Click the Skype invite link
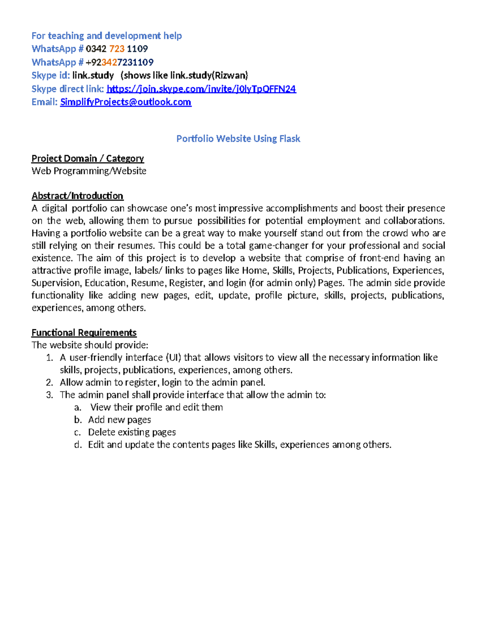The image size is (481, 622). coord(201,89)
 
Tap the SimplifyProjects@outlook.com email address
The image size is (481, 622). coord(125,102)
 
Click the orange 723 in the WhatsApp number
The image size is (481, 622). coord(117,49)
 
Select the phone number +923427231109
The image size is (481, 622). coord(119,62)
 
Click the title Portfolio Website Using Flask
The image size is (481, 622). coord(238,139)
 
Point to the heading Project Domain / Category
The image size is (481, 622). coord(87,159)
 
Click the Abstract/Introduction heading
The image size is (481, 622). coord(77,196)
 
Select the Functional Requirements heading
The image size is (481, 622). coord(84,333)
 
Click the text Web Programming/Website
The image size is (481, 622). coord(89,171)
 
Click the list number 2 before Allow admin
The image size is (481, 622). coord(50,382)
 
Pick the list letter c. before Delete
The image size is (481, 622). coord(78,432)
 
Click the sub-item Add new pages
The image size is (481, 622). coord(119,420)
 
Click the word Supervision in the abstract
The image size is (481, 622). coord(57,283)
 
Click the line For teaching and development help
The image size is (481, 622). coord(107,36)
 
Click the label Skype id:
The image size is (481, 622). coord(51,75)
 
